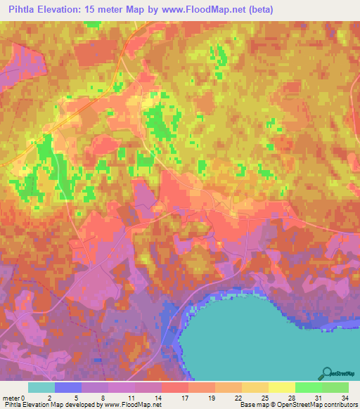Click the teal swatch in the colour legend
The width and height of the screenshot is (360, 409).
(x=41, y=387)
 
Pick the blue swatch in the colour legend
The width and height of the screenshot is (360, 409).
(x=68, y=387)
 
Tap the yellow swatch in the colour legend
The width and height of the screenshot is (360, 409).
(x=281, y=387)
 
